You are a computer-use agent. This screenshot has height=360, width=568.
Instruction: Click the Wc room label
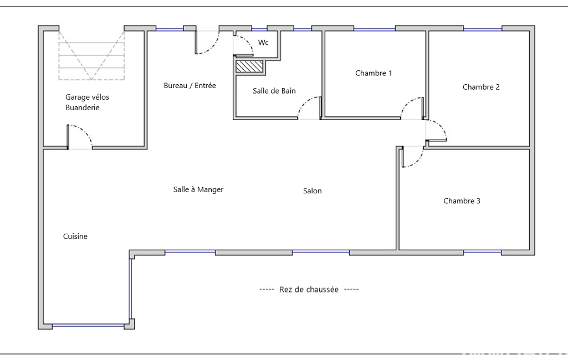(x=263, y=43)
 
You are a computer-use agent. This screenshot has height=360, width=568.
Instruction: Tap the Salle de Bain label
(x=274, y=90)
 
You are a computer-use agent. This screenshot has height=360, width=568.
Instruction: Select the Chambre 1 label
(x=373, y=73)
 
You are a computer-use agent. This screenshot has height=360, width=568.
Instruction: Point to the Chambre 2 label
(x=481, y=87)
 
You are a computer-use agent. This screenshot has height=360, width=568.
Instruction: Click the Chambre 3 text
(x=462, y=201)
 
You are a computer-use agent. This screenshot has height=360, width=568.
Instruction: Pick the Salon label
(x=312, y=191)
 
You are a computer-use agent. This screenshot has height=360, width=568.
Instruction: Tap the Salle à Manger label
(x=198, y=189)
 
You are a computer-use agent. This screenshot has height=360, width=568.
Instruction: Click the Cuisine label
(x=75, y=236)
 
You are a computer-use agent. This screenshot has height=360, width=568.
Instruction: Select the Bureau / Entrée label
(x=190, y=85)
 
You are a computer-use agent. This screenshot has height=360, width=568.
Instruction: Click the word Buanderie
(x=82, y=107)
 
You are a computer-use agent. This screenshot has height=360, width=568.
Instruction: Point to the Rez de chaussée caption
(x=309, y=289)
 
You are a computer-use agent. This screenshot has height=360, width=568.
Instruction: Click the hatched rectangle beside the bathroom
(x=249, y=66)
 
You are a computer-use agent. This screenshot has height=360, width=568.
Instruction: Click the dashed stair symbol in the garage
(x=91, y=55)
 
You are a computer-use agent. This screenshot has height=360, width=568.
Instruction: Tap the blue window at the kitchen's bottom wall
(x=89, y=326)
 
